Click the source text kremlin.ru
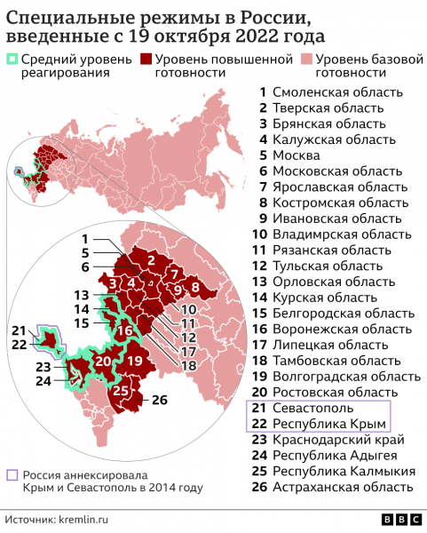coord(86,518)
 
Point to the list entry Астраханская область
coord(343,486)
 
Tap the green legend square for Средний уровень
coord(11,60)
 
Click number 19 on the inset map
coord(135,360)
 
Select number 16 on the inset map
coord(126,330)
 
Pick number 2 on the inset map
coord(152,259)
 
